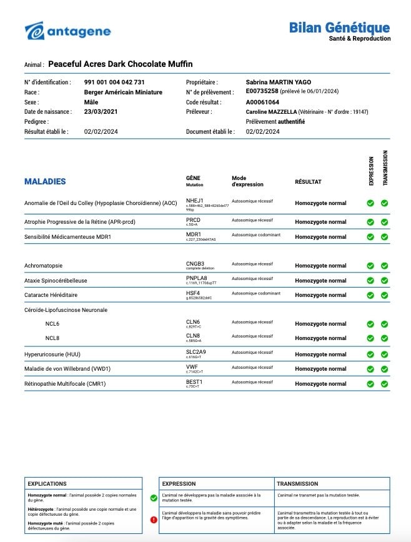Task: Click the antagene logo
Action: pyautogui.click(x=67, y=31)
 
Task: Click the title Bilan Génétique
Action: pyautogui.click(x=339, y=28)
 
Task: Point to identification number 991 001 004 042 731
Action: pyautogui.click(x=114, y=82)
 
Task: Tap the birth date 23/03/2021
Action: pyautogui.click(x=101, y=112)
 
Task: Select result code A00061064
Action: pyautogui.click(x=262, y=102)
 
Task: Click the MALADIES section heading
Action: pyautogui.click(x=45, y=181)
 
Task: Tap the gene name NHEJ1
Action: pyautogui.click(x=194, y=201)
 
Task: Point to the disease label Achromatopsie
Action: pyautogui.click(x=43, y=266)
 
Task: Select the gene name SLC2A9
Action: pyautogui.click(x=196, y=353)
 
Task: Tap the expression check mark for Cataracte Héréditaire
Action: pyautogui.click(x=370, y=295)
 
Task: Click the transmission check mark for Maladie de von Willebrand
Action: pyautogui.click(x=384, y=369)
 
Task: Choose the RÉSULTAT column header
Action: pyautogui.click(x=308, y=182)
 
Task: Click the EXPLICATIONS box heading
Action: pyautogui.click(x=47, y=483)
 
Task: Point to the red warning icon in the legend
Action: pyautogui.click(x=154, y=519)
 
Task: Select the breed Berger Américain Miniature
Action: pyautogui.click(x=123, y=92)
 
